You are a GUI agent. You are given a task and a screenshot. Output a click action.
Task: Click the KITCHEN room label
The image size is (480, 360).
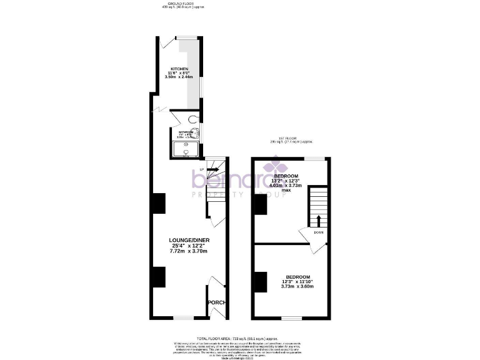pos(180,69)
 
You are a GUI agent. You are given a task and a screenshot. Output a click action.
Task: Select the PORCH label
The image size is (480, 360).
pos(216,302)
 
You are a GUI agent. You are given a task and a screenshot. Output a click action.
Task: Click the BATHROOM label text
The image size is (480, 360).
pos(186,132)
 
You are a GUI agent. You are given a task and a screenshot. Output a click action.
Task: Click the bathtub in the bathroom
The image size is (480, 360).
pos(187,148)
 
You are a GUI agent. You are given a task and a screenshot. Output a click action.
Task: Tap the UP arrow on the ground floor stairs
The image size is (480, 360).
pos(212,169)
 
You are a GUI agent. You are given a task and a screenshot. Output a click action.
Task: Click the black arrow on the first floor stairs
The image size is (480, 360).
pos(319,221)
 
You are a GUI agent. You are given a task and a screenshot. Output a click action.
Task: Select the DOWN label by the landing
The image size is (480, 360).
pos(318,232)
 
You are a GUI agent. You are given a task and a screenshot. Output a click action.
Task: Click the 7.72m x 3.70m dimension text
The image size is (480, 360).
pos(187,251)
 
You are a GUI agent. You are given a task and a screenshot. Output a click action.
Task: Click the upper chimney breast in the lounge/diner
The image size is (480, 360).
pos(159,203)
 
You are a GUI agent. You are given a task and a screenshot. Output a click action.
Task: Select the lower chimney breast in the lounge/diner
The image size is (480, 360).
pos(159,277)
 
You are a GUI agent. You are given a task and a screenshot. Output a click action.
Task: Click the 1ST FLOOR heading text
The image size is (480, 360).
pos(287,138)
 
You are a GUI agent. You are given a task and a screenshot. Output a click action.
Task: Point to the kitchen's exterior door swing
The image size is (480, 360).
pos(166,42)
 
